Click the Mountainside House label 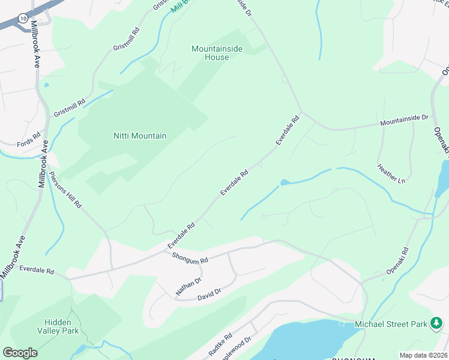pos(217,53)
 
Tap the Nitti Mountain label pos(140,136)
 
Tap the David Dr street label pos(209,294)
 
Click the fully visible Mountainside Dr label pos(405,121)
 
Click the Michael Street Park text pos(391,325)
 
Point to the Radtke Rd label pos(220,345)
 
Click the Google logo pos(20,353)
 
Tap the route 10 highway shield pos(22,20)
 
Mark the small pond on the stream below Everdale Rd pos(285,182)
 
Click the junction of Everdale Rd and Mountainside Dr pos(303,112)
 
